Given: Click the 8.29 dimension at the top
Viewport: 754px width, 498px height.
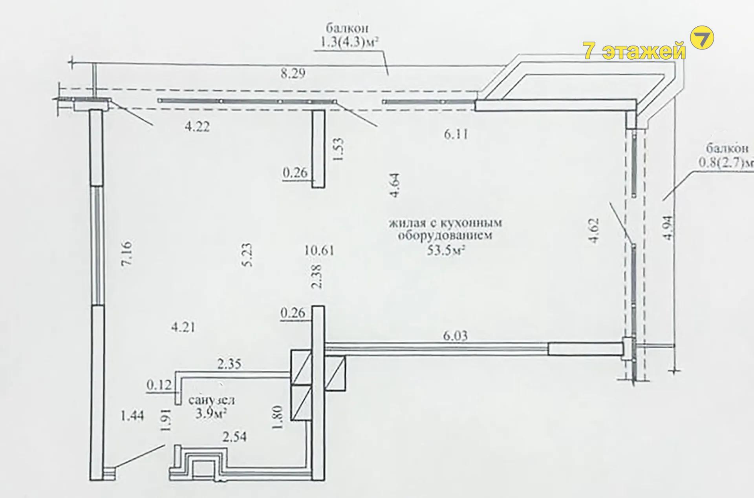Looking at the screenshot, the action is coord(293,73).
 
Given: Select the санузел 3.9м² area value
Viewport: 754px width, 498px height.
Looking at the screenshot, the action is coord(212,413).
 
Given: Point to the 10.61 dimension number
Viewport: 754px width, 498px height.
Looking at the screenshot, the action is coord(319,250).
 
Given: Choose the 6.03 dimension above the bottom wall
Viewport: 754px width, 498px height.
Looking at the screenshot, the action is coord(455,336).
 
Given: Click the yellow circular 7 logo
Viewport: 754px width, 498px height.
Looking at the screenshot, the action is coord(702,38).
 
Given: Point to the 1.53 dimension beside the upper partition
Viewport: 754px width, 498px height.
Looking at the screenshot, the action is coord(338,149).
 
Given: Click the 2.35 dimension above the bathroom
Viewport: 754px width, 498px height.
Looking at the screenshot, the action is coord(230,364).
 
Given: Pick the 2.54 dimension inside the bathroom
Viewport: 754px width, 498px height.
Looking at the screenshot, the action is coord(234,436).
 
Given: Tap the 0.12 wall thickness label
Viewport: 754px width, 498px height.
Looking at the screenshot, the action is coord(159,385).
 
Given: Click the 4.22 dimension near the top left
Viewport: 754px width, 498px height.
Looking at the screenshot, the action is coord(197,126).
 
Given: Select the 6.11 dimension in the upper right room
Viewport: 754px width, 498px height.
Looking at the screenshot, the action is coord(456,134).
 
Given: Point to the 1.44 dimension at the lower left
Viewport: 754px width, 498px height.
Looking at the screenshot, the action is coord(132,415).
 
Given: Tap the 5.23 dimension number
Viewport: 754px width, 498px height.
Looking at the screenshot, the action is coord(247,255).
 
